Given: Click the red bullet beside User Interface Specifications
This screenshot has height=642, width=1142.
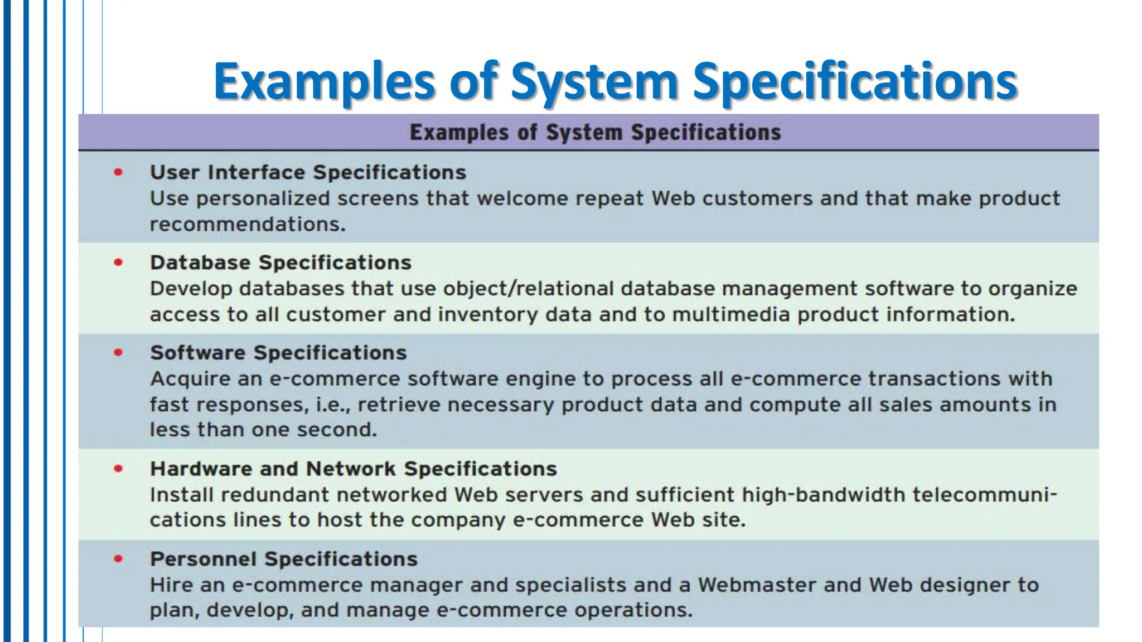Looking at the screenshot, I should [x=118, y=172].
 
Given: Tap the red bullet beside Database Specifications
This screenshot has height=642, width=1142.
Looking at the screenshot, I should [x=118, y=262].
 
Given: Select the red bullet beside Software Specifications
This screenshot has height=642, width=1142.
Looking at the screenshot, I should [x=118, y=352].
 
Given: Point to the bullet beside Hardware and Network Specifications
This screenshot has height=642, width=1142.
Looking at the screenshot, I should [x=118, y=469].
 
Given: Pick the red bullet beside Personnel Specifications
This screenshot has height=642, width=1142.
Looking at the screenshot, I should [x=118, y=558].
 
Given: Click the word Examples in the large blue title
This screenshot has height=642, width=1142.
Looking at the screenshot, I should [x=324, y=82].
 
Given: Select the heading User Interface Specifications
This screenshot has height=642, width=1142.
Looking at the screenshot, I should [x=308, y=172].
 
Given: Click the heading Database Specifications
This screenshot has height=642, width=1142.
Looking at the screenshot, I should [x=280, y=262].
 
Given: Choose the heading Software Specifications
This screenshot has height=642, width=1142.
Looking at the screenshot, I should [x=278, y=353].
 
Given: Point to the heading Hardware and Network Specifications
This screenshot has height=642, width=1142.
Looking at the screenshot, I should [x=354, y=469].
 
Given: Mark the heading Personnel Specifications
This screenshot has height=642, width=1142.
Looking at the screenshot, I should [x=283, y=559].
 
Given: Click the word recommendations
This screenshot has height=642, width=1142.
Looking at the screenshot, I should [x=248, y=224].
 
